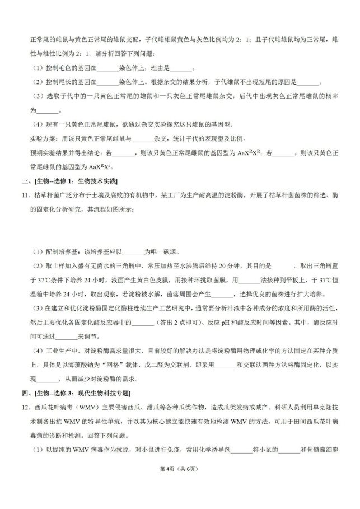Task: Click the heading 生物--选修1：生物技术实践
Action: point(76,180)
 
